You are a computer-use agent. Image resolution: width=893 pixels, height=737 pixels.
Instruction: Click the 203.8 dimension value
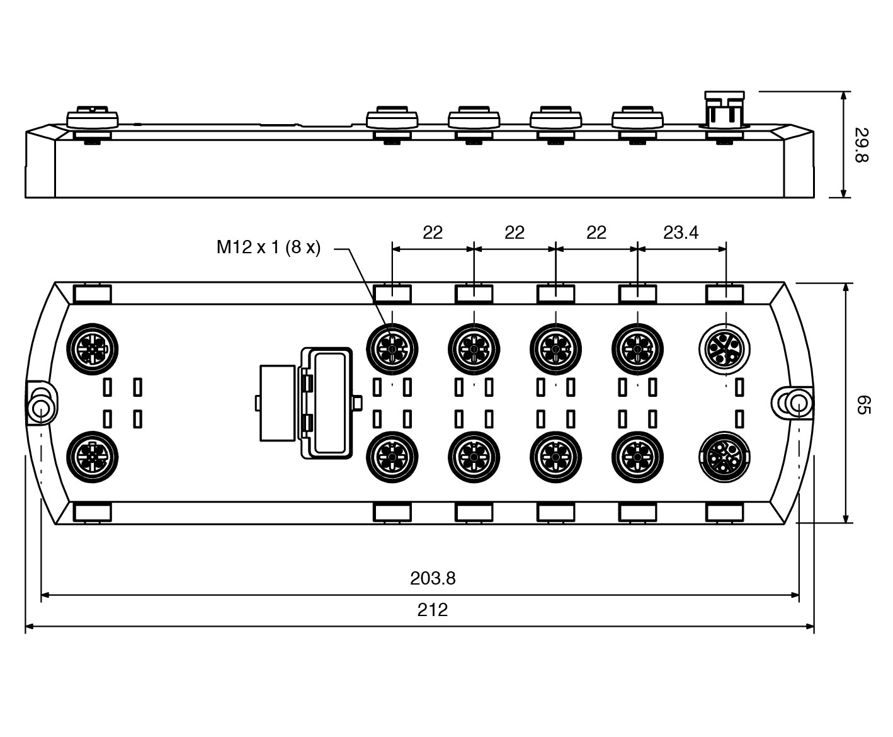(x=433, y=578)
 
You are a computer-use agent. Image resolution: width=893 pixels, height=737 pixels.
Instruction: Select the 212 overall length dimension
(x=433, y=610)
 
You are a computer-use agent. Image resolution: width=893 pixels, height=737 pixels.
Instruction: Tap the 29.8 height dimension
(x=861, y=145)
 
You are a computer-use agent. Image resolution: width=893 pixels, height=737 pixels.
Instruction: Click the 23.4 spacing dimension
(x=681, y=232)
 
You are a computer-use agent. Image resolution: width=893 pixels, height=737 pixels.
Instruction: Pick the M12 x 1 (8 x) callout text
(x=268, y=248)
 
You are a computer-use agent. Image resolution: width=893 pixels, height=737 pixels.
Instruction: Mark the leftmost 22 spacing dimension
(x=433, y=232)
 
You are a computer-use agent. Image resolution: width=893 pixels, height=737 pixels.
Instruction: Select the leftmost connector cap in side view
(x=93, y=119)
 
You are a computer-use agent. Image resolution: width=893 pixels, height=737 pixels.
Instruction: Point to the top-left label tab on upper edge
(x=93, y=294)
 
